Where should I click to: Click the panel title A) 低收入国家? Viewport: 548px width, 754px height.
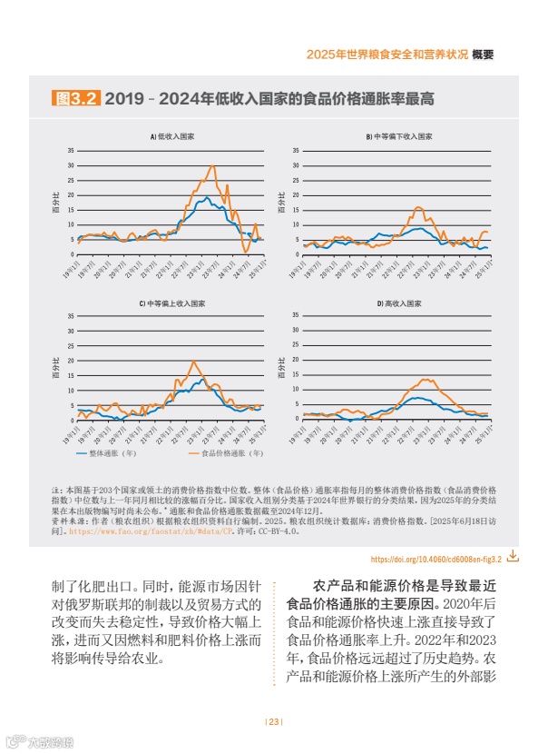[x=171, y=136]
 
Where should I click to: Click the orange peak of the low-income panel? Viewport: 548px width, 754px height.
[x=213, y=165]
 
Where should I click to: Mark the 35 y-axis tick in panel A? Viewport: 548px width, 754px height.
[x=71, y=150]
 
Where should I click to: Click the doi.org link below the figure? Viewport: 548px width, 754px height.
[x=436, y=558]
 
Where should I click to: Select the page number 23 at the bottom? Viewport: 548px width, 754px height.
[x=274, y=722]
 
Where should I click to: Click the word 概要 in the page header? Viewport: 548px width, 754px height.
[x=483, y=55]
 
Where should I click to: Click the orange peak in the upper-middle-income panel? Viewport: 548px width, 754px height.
[x=193, y=362]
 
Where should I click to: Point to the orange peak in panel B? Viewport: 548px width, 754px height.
[x=418, y=208]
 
